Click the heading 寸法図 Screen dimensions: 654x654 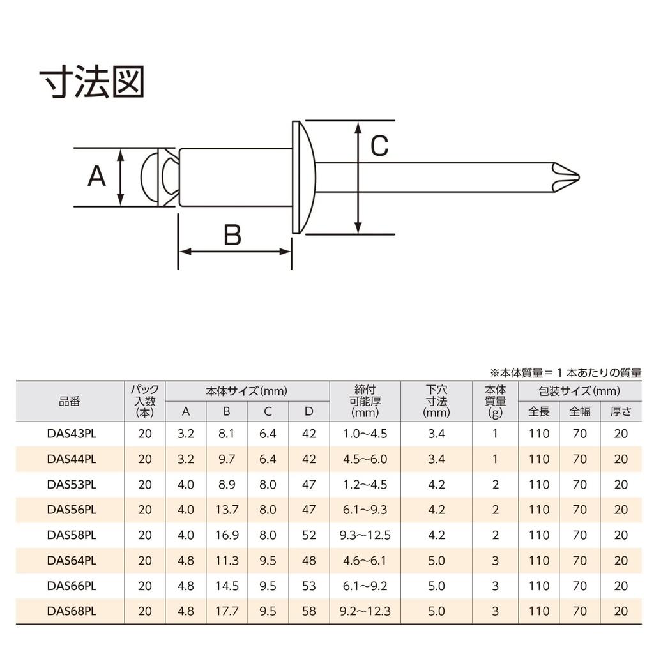[x=92, y=81]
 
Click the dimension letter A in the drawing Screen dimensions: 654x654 [x=96, y=176]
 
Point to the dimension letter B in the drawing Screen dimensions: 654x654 [x=232, y=234]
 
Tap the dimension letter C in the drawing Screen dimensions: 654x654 [x=379, y=146]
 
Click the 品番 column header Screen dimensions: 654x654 [x=70, y=401]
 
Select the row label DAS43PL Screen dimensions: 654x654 [x=72, y=434]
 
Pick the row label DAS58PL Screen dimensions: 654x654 [x=72, y=535]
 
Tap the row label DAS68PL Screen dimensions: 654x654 [x=72, y=611]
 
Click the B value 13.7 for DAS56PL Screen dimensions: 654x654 [x=227, y=510]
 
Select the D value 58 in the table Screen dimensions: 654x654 [x=309, y=611]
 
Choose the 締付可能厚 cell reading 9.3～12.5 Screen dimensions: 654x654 [x=365, y=535]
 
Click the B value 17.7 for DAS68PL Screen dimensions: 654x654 [x=227, y=611]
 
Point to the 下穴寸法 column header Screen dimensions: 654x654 [x=436, y=401]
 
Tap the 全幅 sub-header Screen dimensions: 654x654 [x=580, y=412]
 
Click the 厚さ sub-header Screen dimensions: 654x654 [x=621, y=412]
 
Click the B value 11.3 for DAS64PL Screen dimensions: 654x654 [x=227, y=560]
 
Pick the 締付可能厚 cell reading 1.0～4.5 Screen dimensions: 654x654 [x=365, y=434]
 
